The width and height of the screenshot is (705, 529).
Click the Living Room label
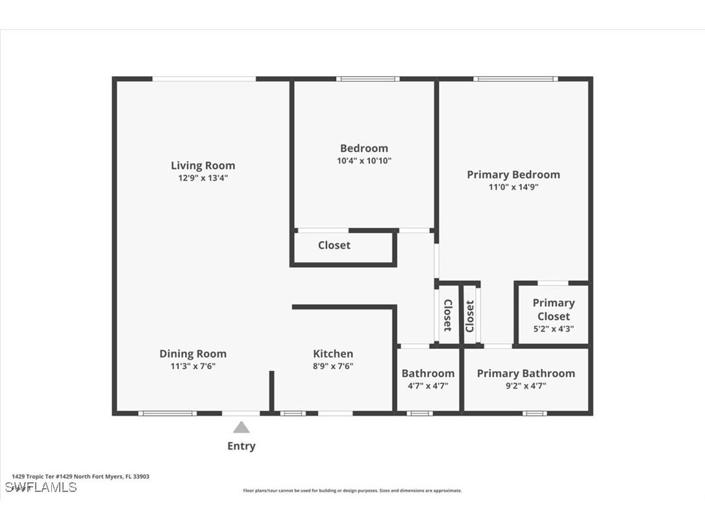pyautogui.click(x=203, y=166)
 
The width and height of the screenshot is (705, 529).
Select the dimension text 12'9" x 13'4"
pyautogui.click(x=203, y=177)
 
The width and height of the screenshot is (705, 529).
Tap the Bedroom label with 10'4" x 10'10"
pyautogui.click(x=364, y=148)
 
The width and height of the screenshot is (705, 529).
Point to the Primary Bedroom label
pyautogui.click(x=513, y=174)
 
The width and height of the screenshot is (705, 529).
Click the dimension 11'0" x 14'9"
pyautogui.click(x=513, y=187)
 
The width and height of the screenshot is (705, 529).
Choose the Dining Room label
pyautogui.click(x=193, y=354)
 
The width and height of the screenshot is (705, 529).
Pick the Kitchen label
pyautogui.click(x=333, y=354)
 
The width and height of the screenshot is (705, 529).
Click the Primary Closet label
pyautogui.click(x=553, y=309)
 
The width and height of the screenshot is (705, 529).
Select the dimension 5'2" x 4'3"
pyautogui.click(x=553, y=329)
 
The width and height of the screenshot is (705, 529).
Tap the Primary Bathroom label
pyautogui.click(x=526, y=373)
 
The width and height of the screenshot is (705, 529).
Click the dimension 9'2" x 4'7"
pyautogui.click(x=526, y=385)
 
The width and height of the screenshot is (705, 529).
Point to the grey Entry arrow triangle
pyautogui.click(x=241, y=427)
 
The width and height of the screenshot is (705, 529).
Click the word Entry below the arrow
pyautogui.click(x=241, y=446)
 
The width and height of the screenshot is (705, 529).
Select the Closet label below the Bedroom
pyautogui.click(x=334, y=245)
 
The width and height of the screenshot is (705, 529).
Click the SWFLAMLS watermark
pyautogui.click(x=41, y=487)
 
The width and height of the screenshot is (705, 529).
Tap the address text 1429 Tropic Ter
pyautogui.click(x=80, y=476)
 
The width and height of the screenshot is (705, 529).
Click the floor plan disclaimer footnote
pyautogui.click(x=352, y=491)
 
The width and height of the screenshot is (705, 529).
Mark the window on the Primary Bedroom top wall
pyautogui.click(x=515, y=79)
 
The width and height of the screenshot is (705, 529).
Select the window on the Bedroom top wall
pyautogui.click(x=367, y=79)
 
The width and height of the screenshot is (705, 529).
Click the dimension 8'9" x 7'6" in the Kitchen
pyautogui.click(x=333, y=366)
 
